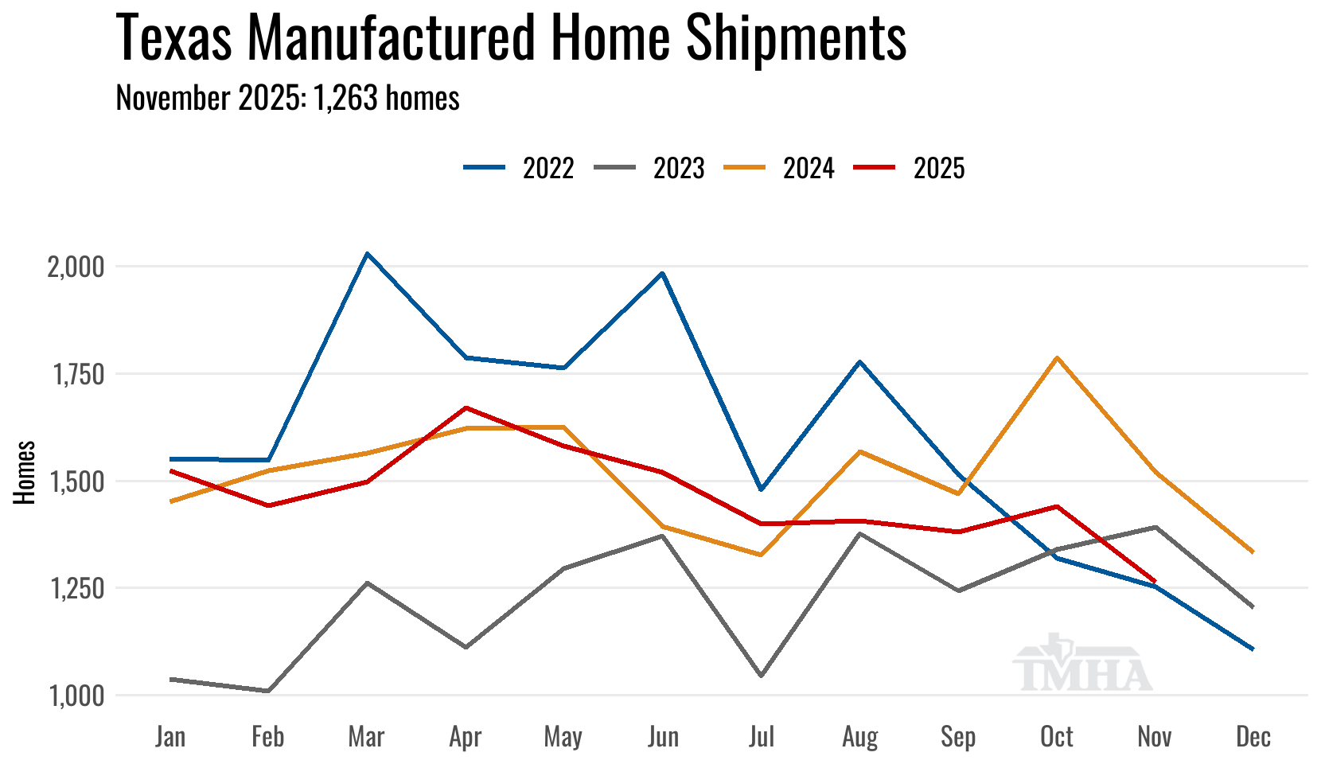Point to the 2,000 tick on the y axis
click(x=76, y=267)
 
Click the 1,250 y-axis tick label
click(x=77, y=589)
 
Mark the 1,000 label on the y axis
click(x=76, y=696)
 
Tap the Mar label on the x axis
click(x=366, y=737)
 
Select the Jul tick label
click(x=761, y=737)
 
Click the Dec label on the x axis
click(x=1253, y=737)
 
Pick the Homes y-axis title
click(x=25, y=472)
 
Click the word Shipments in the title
click(x=796, y=37)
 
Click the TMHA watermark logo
click(x=1082, y=665)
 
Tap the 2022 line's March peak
click(x=366, y=253)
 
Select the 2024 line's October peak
click(x=1057, y=357)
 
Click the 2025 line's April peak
click(x=466, y=407)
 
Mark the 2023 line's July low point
click(x=761, y=676)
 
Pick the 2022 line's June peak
click(x=662, y=273)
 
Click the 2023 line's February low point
click(x=268, y=691)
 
